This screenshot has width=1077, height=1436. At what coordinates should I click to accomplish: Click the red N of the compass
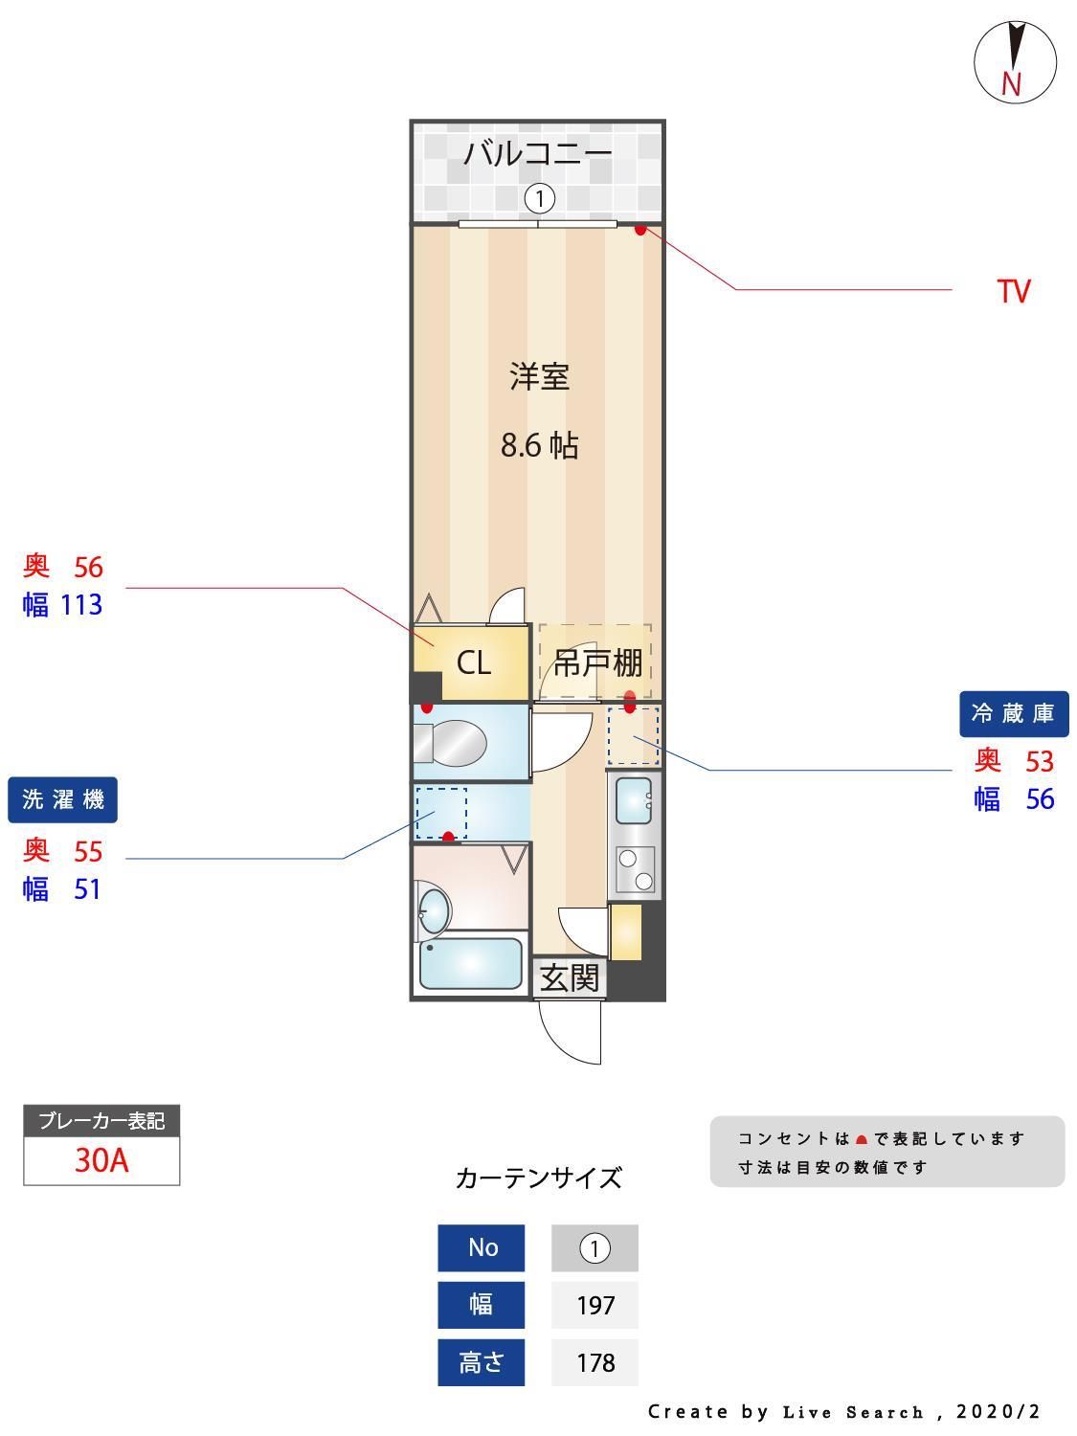1011,84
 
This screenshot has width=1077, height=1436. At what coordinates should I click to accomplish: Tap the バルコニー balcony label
537,154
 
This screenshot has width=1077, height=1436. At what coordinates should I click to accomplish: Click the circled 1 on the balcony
540,199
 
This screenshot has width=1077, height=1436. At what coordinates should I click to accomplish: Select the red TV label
1014,291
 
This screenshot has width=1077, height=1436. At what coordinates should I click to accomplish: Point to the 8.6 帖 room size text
540,445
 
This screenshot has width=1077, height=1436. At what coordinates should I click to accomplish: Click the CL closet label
474,662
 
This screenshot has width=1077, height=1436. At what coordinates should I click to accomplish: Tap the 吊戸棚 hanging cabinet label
597,662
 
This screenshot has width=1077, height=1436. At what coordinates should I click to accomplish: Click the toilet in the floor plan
451,743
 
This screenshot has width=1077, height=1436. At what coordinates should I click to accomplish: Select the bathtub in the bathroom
470,963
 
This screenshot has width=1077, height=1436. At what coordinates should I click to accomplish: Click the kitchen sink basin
634,801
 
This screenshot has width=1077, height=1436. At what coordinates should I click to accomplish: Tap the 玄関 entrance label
569,978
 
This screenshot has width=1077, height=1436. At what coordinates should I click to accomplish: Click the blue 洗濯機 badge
63,799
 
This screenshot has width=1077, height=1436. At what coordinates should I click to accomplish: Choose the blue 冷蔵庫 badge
1014,714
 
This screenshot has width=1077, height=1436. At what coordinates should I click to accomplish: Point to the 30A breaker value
101,1160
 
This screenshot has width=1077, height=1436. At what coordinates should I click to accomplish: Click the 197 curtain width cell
595,1305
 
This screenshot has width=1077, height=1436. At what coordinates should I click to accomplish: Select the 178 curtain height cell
595,1362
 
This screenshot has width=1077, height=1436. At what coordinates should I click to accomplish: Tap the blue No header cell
482,1247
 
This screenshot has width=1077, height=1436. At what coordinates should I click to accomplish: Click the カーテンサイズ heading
538,1178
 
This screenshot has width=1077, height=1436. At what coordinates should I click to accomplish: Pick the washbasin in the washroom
433,909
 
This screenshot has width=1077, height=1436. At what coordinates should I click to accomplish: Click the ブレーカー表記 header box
101,1121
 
